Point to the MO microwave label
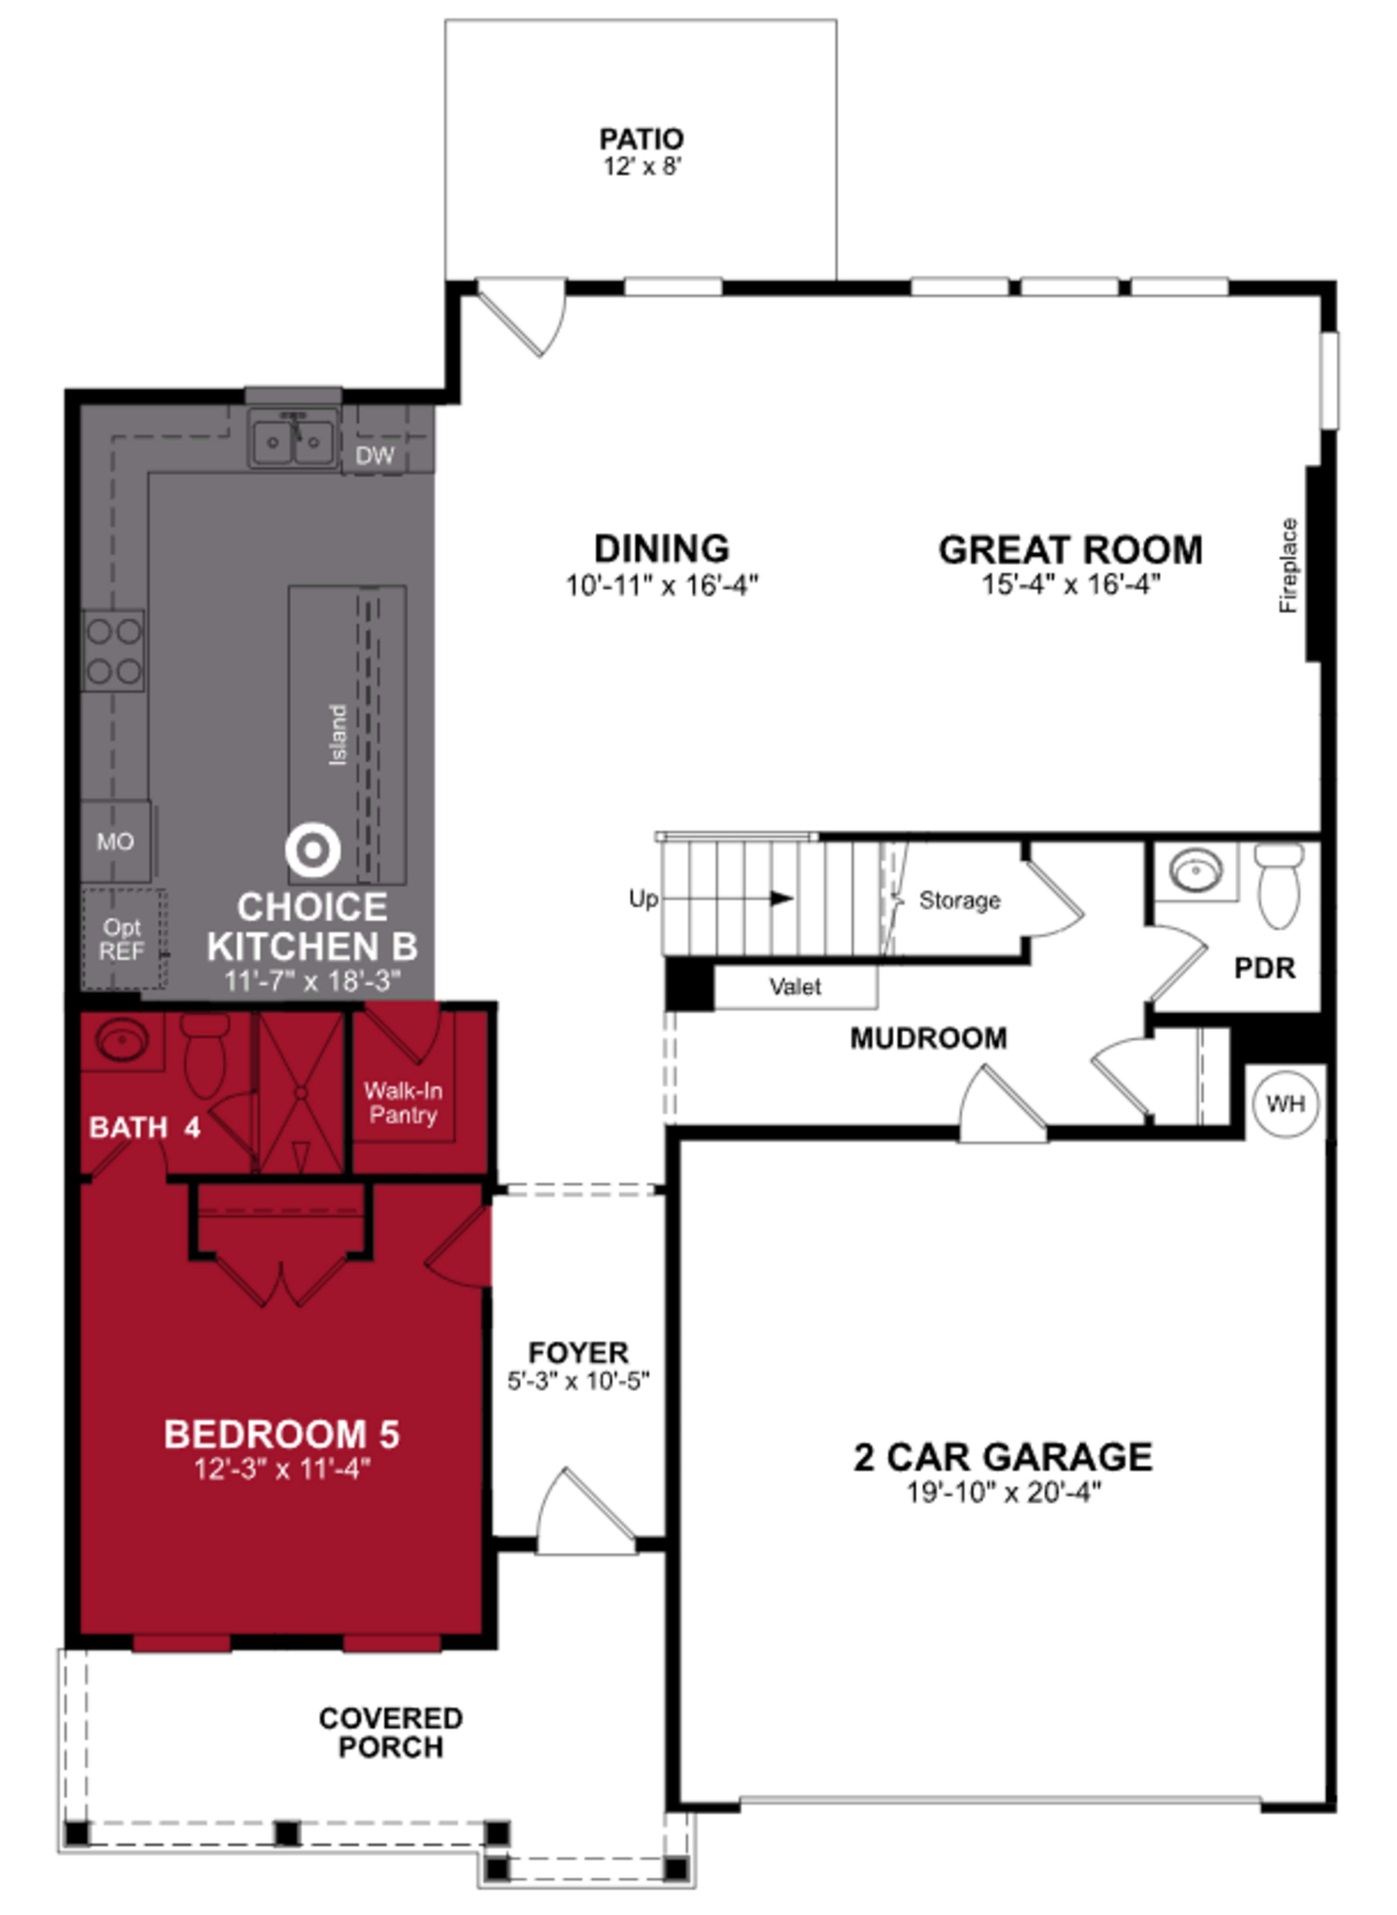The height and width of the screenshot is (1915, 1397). tap(115, 842)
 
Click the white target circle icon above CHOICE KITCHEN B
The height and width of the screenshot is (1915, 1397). tap(313, 850)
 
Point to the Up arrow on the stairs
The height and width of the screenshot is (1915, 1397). tap(781, 898)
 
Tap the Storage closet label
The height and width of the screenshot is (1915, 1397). tap(959, 900)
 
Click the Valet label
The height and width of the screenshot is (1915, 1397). tap(795, 986)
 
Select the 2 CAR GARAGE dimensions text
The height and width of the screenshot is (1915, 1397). tap(1004, 1491)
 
